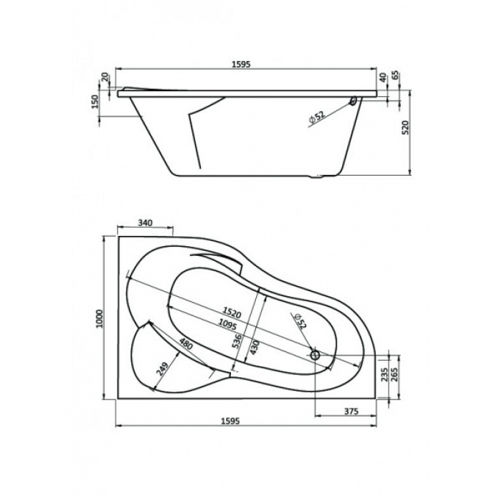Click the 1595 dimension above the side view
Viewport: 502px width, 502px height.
(241, 64)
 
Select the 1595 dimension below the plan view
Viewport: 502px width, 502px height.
(230, 421)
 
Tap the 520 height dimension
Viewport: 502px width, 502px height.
(405, 127)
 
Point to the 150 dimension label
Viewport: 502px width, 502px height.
(95, 102)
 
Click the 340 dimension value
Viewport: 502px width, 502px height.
(146, 222)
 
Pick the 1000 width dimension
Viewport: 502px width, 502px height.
(100, 318)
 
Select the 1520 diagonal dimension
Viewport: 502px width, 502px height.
(232, 313)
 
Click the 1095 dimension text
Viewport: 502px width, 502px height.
(227, 324)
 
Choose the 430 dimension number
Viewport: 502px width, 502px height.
(254, 347)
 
